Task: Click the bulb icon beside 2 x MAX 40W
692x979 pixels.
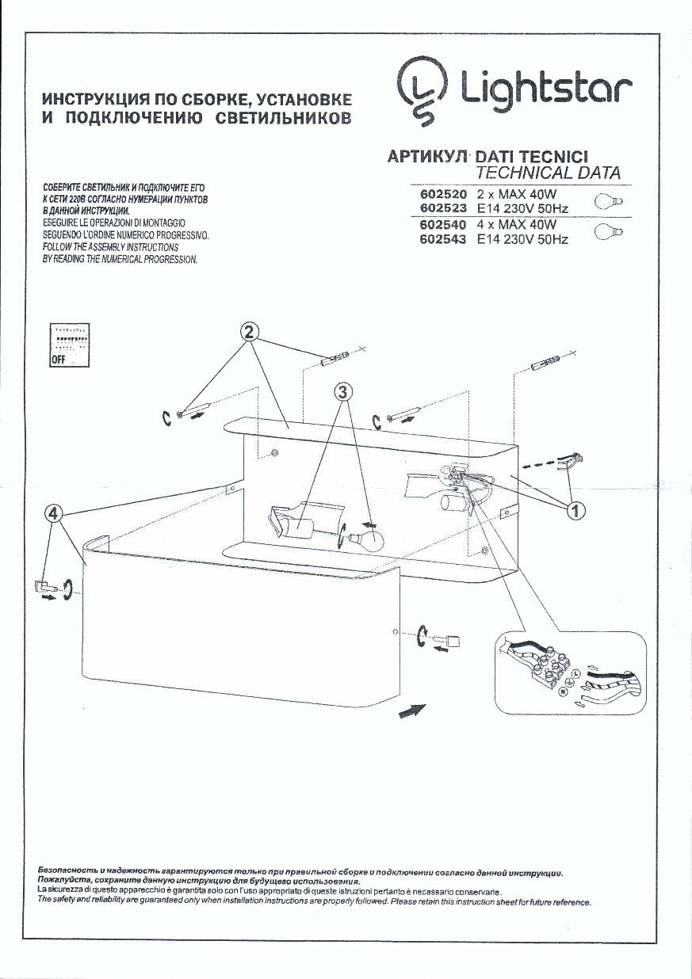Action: point(610,201)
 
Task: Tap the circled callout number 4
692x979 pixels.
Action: point(53,513)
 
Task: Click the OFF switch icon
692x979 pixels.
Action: point(69,345)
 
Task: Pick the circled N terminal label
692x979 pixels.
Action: point(564,691)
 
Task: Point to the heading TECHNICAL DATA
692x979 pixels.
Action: point(548,173)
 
